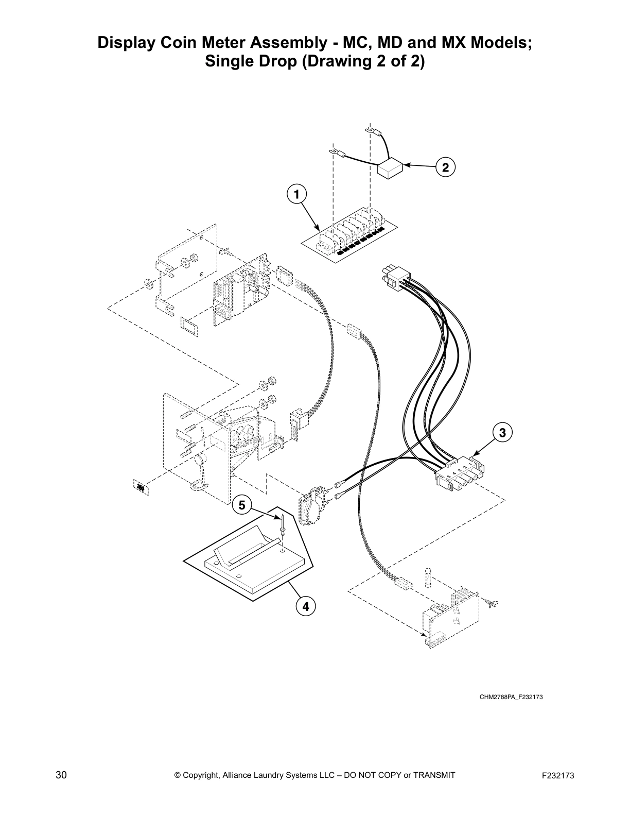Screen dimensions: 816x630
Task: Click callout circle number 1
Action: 296,194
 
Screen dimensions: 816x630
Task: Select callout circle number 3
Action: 503,432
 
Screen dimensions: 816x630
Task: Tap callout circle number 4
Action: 306,606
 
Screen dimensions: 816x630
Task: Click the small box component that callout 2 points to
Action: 390,168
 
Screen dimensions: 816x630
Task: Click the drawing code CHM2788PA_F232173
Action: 511,697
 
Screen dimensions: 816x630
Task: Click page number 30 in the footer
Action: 61,775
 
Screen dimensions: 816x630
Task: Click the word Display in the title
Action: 128,42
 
